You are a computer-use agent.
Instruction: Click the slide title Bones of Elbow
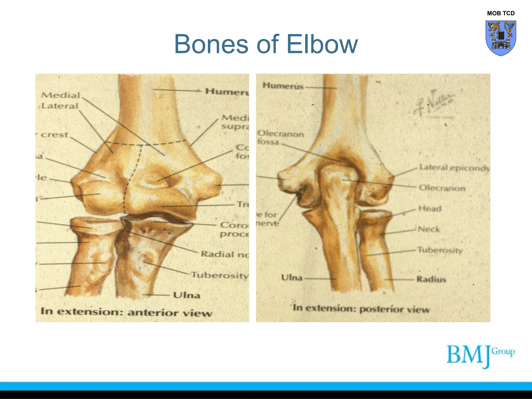coord(266,44)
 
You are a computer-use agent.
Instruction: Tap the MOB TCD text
coord(501,13)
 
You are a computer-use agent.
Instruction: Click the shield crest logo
coord(501,38)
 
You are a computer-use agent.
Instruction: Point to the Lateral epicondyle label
coord(455,168)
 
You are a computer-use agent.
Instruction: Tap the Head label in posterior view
coord(430,208)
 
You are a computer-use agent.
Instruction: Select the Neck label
coord(429,229)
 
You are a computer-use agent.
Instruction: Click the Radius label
coord(431,279)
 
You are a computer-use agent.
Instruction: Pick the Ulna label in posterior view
coord(292,278)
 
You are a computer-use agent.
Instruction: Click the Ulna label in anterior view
coord(187,295)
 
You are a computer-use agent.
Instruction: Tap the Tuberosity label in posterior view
coord(440,250)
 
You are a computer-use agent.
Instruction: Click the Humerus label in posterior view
coord(283,86)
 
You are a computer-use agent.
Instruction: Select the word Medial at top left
coord(61,95)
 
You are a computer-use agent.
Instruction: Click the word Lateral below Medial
coord(60,106)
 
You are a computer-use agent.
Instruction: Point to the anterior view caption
coord(126,312)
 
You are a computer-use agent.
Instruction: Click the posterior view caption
coord(361,309)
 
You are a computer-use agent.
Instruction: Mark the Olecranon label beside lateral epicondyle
coord(442,188)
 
